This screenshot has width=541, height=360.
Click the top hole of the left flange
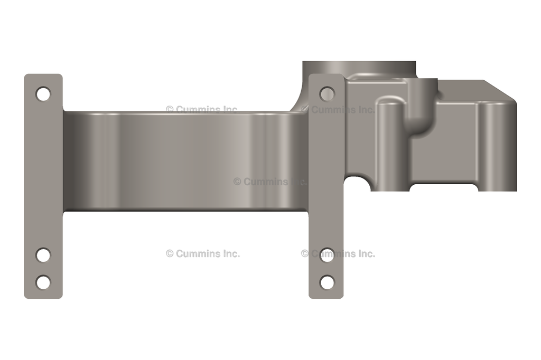click(43, 94)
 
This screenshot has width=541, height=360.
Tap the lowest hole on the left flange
click(43, 282)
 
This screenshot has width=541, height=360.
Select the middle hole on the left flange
click(43, 255)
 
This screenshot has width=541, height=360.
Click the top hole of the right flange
click(327, 94)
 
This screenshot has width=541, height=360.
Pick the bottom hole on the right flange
click(327, 282)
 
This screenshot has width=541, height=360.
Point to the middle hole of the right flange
click(327, 255)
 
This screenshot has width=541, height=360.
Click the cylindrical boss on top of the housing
click(359, 69)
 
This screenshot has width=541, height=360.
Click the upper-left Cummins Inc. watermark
click(202, 110)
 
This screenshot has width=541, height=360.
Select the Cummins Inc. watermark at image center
click(269, 182)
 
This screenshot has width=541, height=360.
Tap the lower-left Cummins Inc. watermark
click(202, 253)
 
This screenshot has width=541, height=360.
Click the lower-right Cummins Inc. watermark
click(338, 253)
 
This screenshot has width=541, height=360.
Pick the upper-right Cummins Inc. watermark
click(338, 110)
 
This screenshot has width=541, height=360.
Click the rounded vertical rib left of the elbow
click(390, 143)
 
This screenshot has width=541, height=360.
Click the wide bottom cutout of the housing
click(444, 187)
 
